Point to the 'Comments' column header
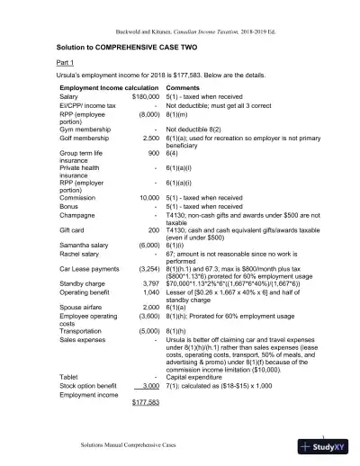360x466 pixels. click(x=184, y=87)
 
